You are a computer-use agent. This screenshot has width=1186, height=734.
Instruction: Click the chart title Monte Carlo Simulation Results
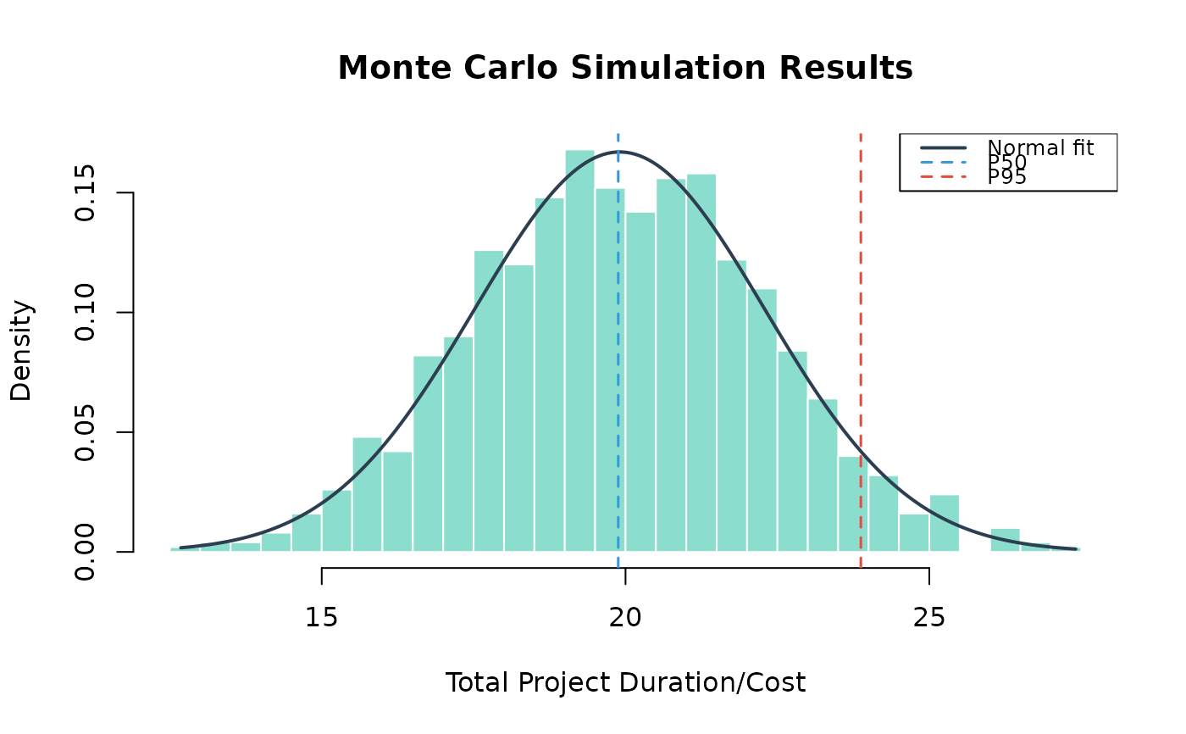point(625,69)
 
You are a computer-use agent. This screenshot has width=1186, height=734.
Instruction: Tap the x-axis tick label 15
point(321,618)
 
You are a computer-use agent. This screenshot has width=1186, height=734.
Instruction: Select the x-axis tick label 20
point(625,618)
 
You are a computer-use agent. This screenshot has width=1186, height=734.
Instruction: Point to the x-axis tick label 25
point(929,618)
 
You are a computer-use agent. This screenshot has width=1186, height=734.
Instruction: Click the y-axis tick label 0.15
point(85,192)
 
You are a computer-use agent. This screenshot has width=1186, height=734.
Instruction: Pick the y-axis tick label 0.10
point(85,313)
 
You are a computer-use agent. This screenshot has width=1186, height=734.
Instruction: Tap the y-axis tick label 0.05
point(85,432)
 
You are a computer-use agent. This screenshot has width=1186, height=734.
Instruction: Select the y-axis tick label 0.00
point(85,552)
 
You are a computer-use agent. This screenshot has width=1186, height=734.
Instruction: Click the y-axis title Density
point(21,351)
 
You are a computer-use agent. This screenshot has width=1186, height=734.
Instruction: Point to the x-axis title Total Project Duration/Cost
point(625,682)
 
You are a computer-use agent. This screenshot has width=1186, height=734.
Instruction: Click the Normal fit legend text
point(1040,147)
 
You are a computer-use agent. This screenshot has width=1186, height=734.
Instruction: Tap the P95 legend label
point(1007,177)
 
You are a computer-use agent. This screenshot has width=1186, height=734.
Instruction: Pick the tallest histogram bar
point(579,351)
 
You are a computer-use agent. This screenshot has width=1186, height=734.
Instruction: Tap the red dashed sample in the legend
point(944,177)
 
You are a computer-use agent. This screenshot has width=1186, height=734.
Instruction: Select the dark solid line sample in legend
point(944,147)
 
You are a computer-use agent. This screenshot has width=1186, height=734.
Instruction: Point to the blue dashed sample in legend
point(944,162)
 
